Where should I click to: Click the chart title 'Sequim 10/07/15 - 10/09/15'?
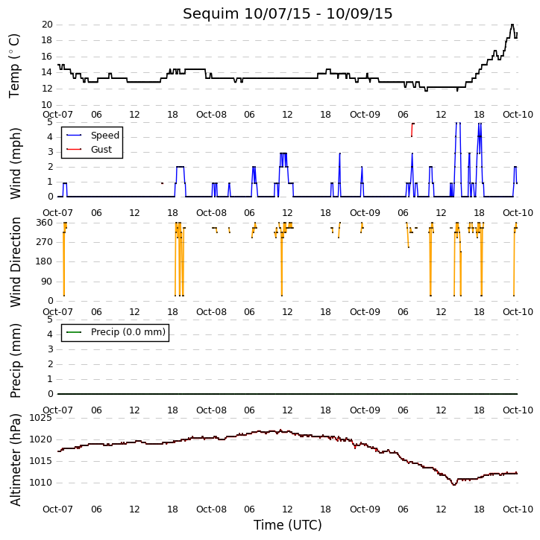coord(287,13)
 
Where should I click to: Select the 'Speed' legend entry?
coord(92,136)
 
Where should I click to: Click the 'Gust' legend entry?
coord(89,150)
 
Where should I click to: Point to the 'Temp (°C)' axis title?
coord(14,66)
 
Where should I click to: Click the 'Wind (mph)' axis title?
coord(15,163)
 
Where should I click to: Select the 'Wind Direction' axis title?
coord(15,261)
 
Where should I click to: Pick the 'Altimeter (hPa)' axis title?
coord(15,460)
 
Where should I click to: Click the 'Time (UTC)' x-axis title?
coord(287,525)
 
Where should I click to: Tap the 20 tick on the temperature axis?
coord(47,25)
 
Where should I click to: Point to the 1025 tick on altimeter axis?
coord(41,418)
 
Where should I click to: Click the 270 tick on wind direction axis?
coord(45,242)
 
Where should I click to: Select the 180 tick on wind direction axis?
coord(45,261)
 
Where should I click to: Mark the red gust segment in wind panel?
coord(412,129)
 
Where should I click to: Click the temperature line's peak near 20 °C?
coord(512,25)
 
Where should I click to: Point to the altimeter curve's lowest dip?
coord(453,485)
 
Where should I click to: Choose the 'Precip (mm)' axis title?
coord(15,360)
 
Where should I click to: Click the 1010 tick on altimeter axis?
coord(41,483)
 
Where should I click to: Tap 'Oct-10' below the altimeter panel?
coord(518,509)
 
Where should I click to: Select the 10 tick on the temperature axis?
coord(47,105)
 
